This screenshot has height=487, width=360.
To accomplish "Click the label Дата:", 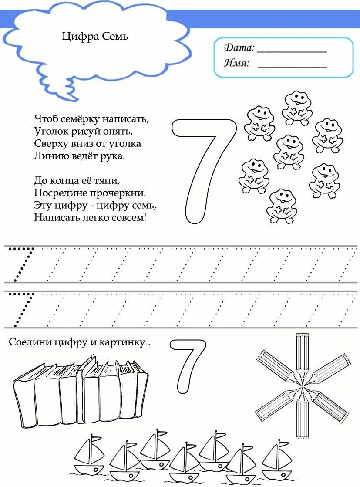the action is (x=239, y=47).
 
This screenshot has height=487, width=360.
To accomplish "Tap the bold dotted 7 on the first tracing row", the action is (x=22, y=264).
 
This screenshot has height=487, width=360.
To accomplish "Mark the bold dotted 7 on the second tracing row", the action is (x=22, y=309).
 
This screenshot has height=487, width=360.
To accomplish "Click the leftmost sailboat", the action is (x=89, y=455).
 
